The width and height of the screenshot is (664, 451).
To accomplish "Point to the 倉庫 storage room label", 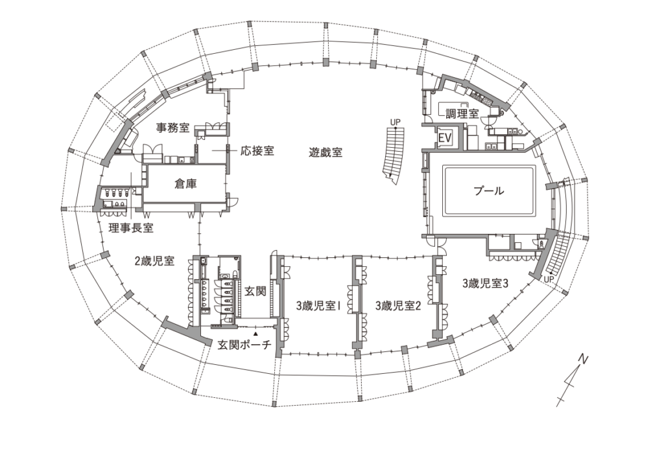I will (x=185, y=184).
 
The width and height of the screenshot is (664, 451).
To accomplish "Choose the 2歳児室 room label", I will (x=154, y=262).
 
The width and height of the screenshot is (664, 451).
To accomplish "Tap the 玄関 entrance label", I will (x=255, y=291).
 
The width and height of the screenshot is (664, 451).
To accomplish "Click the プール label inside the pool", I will (x=488, y=191).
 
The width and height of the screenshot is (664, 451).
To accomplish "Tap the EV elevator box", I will (x=445, y=138).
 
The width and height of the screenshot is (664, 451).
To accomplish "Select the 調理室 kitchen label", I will (x=462, y=113).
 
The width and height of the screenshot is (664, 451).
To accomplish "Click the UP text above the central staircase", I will (x=395, y=121).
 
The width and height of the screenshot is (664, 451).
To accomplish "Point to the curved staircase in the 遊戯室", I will (x=393, y=153).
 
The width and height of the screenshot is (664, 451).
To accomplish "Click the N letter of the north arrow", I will (x=584, y=358).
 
